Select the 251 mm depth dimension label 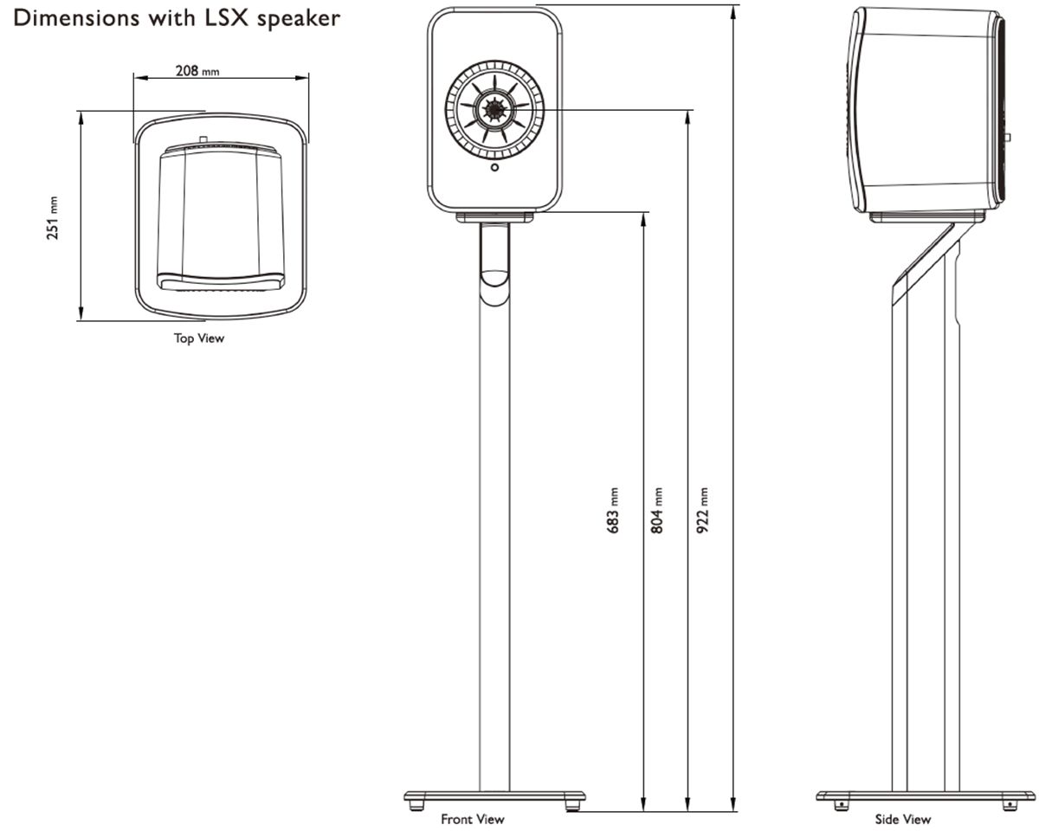53,216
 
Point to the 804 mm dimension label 657,509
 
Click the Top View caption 199,338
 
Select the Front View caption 472,818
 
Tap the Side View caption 903,818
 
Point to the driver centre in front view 494,109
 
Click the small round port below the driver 494,167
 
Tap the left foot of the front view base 418,805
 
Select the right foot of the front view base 571,805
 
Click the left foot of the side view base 839,805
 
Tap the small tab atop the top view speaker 202,138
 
